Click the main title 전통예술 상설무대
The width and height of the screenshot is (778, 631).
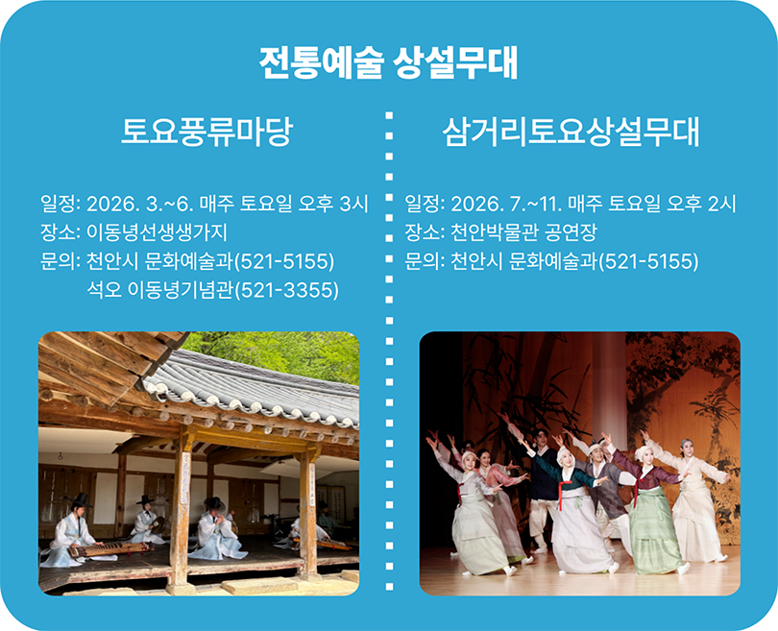[388, 63]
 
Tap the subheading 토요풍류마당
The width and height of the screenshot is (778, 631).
[207, 132]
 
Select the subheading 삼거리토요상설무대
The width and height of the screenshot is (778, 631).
[571, 132]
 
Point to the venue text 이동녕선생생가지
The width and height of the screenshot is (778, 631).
[157, 232]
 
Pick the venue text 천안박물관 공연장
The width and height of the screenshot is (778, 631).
[523, 232]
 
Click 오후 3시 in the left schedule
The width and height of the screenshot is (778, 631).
[333, 204]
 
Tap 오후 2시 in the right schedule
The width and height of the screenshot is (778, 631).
[701, 204]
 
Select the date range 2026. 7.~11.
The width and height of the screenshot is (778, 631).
[506, 204]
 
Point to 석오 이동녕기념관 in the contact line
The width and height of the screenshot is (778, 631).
[160, 290]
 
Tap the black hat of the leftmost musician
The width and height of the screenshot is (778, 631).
[80, 499]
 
